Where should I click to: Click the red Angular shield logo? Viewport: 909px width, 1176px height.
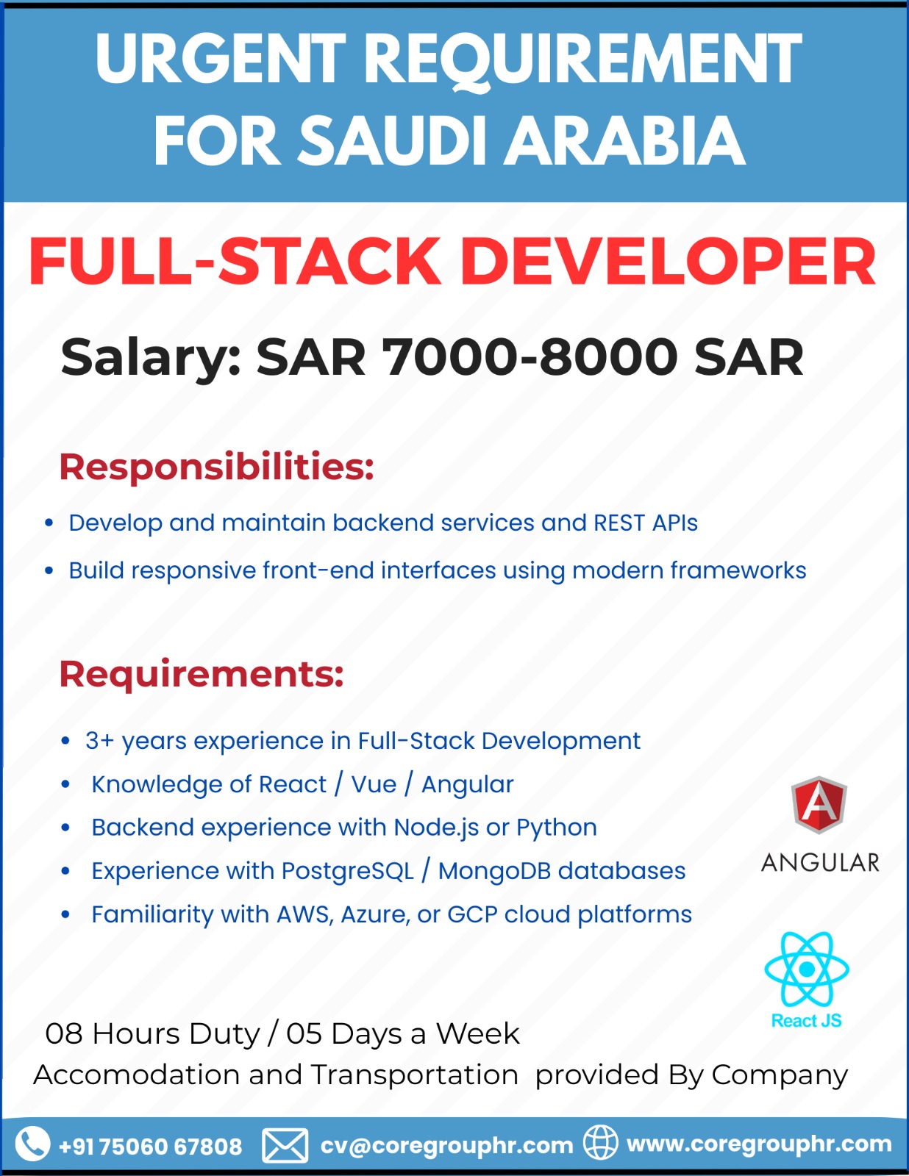click(819, 805)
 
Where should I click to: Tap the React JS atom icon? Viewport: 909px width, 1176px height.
click(807, 969)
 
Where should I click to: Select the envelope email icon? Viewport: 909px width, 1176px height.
click(285, 1145)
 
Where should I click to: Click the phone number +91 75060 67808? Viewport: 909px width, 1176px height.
click(150, 1147)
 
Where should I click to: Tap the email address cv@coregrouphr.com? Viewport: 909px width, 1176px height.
click(446, 1145)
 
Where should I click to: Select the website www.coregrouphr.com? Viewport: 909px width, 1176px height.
click(759, 1144)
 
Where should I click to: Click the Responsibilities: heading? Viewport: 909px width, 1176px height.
click(216, 467)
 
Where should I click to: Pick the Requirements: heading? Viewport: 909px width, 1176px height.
click(202, 675)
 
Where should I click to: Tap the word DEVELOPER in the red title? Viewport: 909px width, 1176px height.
click(668, 262)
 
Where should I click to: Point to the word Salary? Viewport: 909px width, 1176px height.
click(151, 358)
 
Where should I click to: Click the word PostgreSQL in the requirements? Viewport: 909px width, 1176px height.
click(348, 872)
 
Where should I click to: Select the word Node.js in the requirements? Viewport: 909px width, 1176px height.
click(436, 828)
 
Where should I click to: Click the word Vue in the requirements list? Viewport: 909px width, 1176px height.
click(374, 785)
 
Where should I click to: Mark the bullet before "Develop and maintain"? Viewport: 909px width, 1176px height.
click(49, 523)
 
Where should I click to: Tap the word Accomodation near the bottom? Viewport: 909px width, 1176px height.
click(137, 1075)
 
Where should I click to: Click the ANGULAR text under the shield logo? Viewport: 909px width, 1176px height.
click(820, 863)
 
